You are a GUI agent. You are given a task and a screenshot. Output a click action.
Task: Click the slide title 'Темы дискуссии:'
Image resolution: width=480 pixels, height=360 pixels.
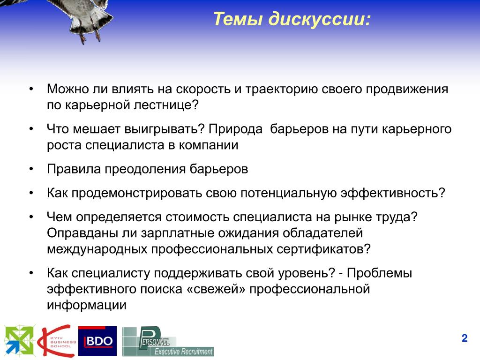pos(292,19)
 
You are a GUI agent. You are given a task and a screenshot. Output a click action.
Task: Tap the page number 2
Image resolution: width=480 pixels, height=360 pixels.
pos(465,338)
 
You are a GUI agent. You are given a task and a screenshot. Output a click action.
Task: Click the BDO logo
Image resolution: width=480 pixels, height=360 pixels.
pos(97,341)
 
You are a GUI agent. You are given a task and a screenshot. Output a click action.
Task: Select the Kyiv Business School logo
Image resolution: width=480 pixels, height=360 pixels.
pos(57,341)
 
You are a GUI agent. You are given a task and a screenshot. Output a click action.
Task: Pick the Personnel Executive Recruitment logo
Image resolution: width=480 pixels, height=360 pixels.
pos(168,342)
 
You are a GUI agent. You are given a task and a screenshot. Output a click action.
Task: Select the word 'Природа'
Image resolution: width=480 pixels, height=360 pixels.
pos(235,129)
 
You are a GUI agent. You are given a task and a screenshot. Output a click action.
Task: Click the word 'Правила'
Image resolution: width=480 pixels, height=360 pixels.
pos(74,169)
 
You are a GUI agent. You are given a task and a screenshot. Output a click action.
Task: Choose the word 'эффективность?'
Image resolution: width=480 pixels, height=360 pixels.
pos(393,193)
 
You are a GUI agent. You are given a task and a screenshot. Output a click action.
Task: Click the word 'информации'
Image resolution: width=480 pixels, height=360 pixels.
pos(87,305)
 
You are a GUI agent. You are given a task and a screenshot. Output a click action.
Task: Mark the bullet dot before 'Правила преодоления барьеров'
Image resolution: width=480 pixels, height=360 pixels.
pos(31,169)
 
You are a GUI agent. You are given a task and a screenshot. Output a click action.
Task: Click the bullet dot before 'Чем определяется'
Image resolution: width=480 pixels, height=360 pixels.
pos(31,217)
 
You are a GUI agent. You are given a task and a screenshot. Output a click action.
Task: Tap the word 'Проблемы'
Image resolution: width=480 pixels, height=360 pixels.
pos(379,273)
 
